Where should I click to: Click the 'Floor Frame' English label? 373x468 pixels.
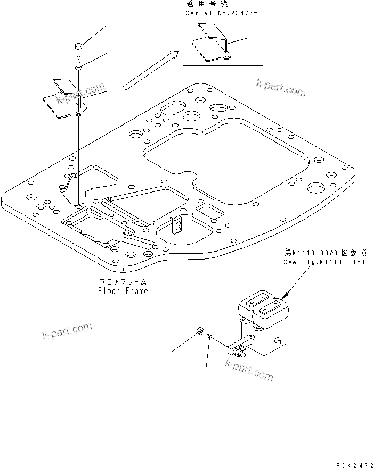click(123, 291)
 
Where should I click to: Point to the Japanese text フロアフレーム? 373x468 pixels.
click(123, 282)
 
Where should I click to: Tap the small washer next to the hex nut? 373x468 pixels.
click(210, 336)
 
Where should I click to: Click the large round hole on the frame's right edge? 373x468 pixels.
click(316, 187)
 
